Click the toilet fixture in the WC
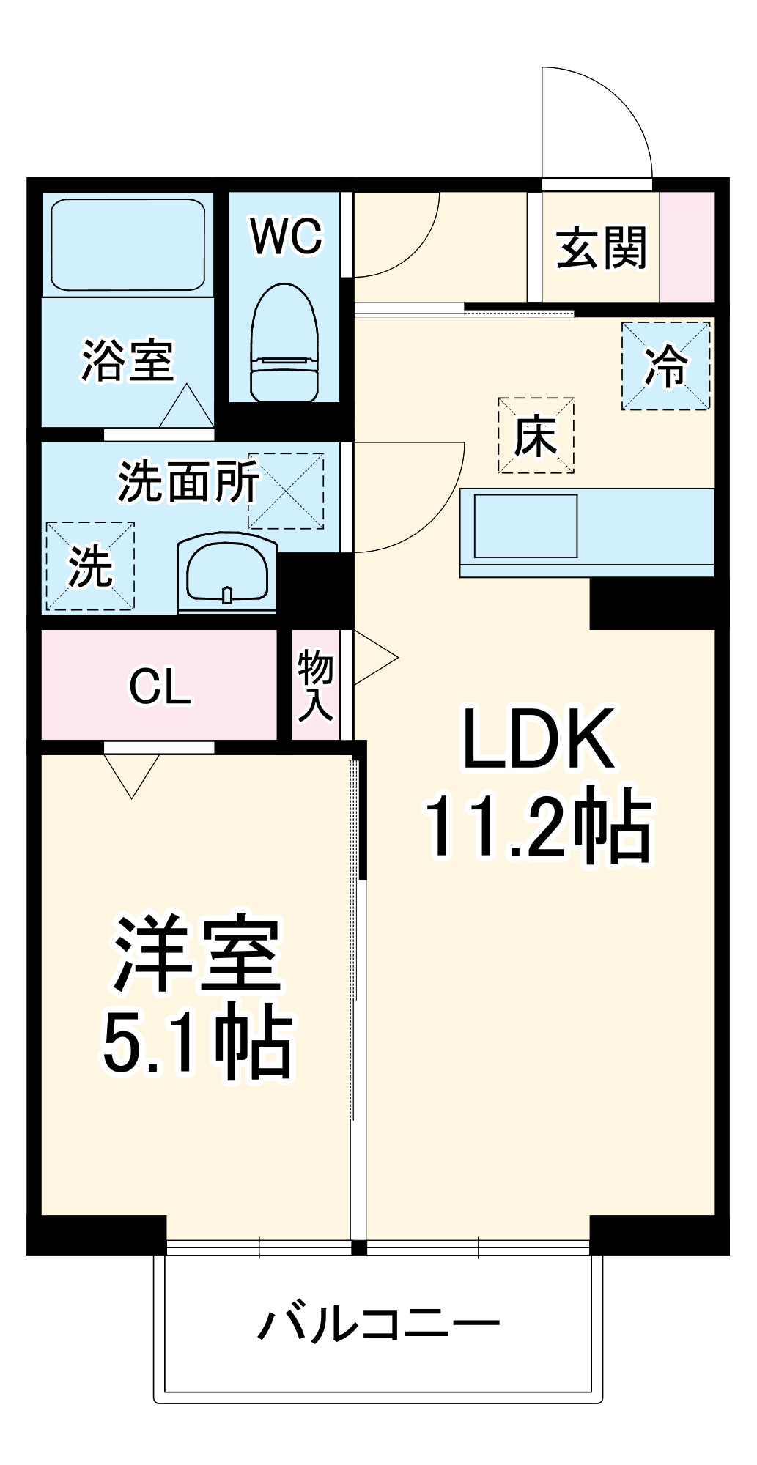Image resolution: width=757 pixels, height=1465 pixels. tap(284, 344)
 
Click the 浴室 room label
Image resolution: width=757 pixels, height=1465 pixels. tap(127, 360)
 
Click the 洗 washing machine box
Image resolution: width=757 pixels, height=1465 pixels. tap(90, 566)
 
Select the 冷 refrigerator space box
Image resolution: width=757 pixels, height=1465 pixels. tap(665, 366)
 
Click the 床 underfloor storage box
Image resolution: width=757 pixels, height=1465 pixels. tap(536, 436)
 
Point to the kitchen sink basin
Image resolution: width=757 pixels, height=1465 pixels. tap(525, 526)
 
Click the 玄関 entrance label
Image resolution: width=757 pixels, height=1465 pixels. tap(601, 248)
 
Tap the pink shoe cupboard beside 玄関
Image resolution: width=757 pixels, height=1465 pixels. tap(687, 247)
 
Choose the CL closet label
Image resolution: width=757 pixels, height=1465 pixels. tap(159, 686)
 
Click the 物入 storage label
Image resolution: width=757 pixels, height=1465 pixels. tap(315, 684)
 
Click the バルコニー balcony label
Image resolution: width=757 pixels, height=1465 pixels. tap(378, 1324)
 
